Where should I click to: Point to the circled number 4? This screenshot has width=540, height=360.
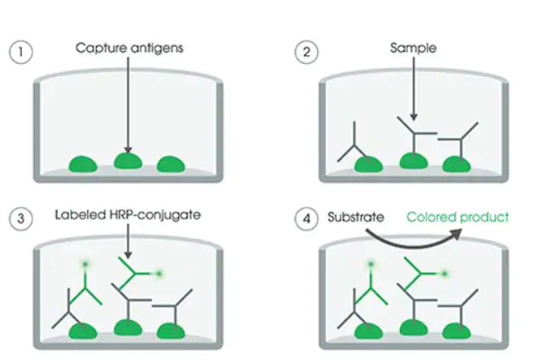[x=306, y=218]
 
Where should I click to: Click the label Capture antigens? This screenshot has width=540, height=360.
[x=130, y=48]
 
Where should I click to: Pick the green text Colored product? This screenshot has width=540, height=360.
[x=457, y=216]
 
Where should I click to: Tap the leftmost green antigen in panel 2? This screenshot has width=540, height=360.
[x=369, y=165]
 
